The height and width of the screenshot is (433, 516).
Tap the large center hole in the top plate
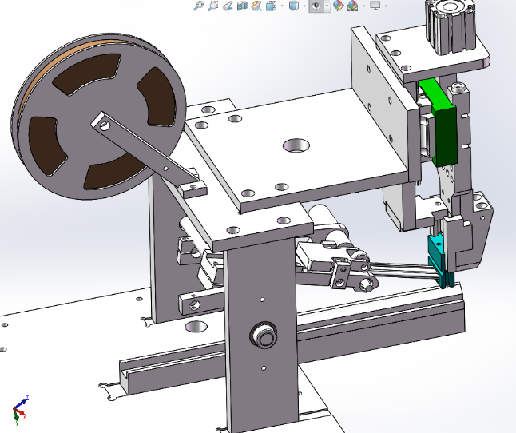[297, 145]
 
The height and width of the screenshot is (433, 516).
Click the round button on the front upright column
[262, 336]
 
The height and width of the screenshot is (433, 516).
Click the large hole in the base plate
[194, 327]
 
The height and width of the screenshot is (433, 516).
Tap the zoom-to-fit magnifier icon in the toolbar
[198, 6]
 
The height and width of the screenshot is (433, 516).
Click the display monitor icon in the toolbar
[375, 6]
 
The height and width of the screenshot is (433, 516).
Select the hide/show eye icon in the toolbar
[317, 6]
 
